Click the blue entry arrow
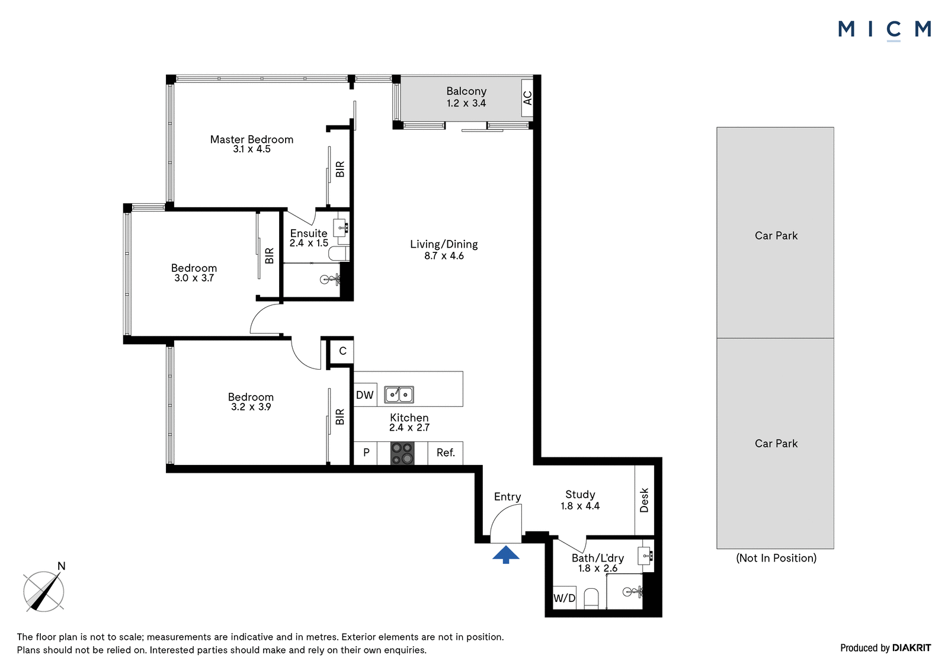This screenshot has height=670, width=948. pos(506,554)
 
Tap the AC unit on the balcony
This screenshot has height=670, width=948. pos(527,98)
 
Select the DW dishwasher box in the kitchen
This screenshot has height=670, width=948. pos(365,395)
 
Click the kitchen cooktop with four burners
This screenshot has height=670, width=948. pos(402,453)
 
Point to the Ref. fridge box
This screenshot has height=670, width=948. pos(445,453)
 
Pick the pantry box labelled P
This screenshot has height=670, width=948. pos(365,453)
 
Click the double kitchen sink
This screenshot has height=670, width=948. pos(399,395)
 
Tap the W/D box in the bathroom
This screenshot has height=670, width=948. pos(565,598)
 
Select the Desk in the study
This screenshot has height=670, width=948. pos(645,500)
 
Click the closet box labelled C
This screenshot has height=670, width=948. pos(342,351)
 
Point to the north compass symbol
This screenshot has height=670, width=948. pos(44,589)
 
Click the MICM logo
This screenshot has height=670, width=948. pos(885,30)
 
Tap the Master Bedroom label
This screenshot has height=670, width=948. pos(252,139)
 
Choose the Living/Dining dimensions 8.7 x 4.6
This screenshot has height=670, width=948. pos(444,256)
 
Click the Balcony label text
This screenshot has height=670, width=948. pos(466,91)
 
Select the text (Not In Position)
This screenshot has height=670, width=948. pos(776,558)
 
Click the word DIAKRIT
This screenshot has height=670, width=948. pos(912,647)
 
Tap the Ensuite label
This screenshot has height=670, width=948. pos(309,233)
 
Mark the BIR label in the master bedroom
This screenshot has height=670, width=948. pos(340,169)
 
